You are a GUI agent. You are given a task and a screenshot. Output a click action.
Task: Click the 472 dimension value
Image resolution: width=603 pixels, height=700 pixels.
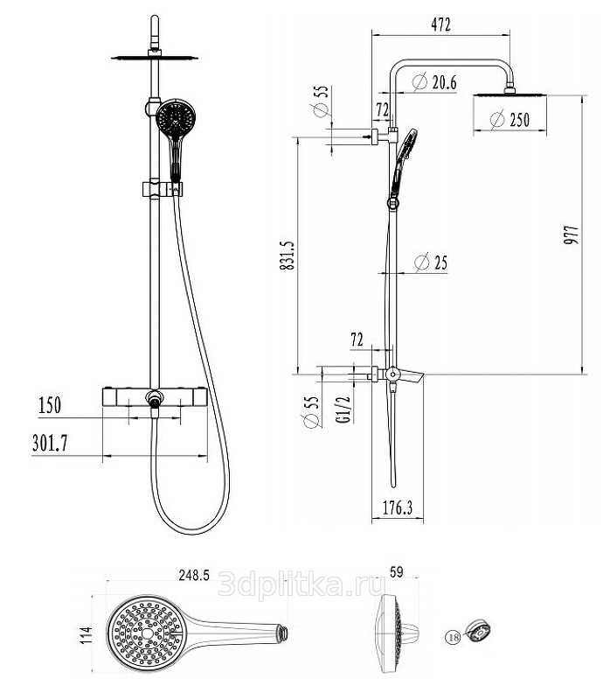pyautogui.click(x=441, y=25)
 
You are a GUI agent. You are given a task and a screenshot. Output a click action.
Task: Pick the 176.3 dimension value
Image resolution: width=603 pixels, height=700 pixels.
pyautogui.click(x=398, y=507)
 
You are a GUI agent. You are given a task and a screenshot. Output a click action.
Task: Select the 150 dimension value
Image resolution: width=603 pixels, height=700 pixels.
pyautogui.click(x=50, y=405)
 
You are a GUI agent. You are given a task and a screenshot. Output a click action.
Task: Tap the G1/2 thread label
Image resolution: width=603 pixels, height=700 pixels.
pyautogui.click(x=343, y=409)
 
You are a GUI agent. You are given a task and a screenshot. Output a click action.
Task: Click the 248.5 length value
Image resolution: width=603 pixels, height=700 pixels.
pyautogui.click(x=194, y=575)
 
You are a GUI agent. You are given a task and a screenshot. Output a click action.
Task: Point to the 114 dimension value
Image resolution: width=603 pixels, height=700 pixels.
pyautogui.click(x=86, y=633)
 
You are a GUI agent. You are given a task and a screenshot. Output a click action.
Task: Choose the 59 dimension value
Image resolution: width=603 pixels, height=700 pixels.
pyautogui.click(x=395, y=573)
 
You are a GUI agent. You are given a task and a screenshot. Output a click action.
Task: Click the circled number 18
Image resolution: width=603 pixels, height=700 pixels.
pyautogui.click(x=453, y=638)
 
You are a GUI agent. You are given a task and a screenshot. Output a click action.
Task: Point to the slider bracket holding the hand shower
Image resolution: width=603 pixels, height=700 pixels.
pyautogui.click(x=158, y=188)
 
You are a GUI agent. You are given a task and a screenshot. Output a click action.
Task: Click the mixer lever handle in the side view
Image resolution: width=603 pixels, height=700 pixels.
pyautogui.click(x=412, y=376)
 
